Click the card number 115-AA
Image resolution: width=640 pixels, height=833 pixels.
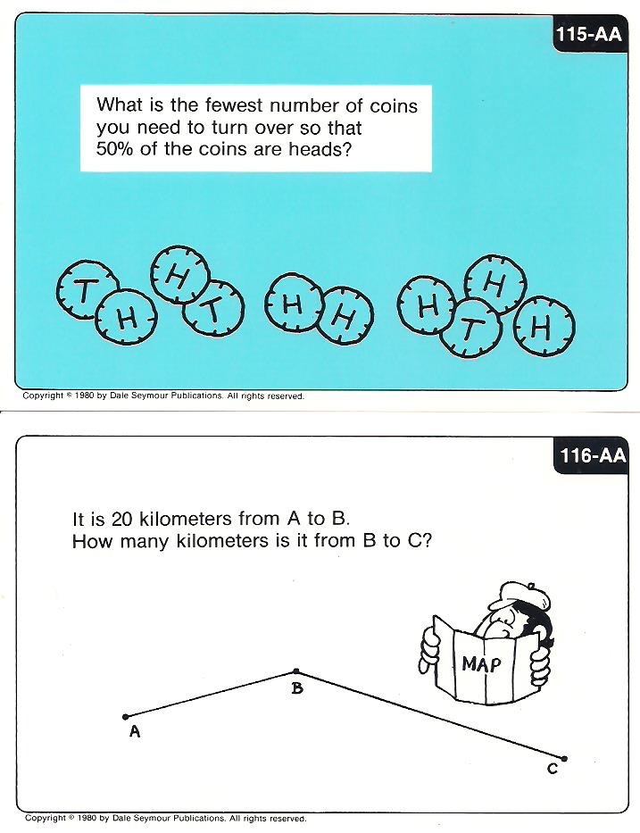588,35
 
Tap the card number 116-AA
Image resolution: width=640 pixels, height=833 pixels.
593,455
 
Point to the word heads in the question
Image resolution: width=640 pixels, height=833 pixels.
320,149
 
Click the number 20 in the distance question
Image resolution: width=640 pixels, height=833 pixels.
121,519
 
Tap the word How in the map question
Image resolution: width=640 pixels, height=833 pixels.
93,541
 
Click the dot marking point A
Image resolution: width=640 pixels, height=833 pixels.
125,717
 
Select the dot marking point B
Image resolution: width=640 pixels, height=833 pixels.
296,671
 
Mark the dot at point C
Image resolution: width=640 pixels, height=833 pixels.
564,759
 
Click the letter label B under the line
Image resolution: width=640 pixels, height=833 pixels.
297,688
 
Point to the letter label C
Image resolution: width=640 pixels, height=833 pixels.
553,769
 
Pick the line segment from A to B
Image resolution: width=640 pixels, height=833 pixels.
211,695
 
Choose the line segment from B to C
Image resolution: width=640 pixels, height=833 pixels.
430,715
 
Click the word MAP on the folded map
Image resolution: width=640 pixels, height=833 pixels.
481,663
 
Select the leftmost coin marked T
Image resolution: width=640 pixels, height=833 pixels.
87,290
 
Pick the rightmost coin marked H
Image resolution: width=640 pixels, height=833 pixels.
544,326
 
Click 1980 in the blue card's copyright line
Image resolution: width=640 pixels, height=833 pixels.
85,396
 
